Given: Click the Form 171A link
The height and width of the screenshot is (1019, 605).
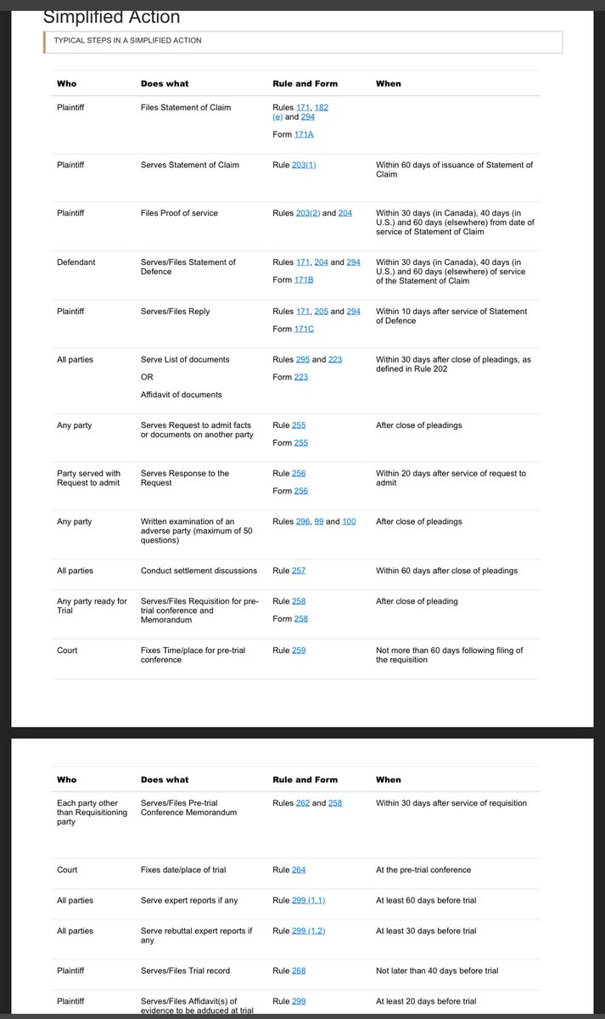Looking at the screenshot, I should pyautogui.click(x=304, y=135).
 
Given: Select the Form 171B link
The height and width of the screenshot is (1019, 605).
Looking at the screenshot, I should pyautogui.click(x=304, y=279).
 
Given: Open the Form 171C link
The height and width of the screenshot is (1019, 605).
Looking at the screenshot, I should pyautogui.click(x=304, y=329).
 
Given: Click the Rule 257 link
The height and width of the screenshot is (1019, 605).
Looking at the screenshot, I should pyautogui.click(x=299, y=571).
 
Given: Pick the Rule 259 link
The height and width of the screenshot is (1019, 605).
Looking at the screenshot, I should pyautogui.click(x=299, y=650).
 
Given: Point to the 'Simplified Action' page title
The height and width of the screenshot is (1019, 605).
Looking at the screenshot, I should pyautogui.click(x=111, y=16).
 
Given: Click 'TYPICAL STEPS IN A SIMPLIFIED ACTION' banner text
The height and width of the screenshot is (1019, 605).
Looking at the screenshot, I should pyautogui.click(x=127, y=40).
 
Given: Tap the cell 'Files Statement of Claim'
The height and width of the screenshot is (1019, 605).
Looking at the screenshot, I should pyautogui.click(x=185, y=107).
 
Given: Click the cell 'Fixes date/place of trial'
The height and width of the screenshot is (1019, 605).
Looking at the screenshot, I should pyautogui.click(x=183, y=870).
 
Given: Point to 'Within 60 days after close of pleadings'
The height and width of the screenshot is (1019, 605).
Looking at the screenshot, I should pyautogui.click(x=446, y=571).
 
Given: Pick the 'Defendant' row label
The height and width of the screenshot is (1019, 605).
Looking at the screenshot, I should pyautogui.click(x=76, y=262).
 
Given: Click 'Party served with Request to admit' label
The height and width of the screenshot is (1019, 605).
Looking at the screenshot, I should pyautogui.click(x=88, y=478).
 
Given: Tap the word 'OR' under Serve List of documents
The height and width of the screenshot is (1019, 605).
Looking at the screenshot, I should pyautogui.click(x=146, y=377).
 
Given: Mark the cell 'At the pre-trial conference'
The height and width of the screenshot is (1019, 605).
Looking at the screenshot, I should pyautogui.click(x=423, y=870).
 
